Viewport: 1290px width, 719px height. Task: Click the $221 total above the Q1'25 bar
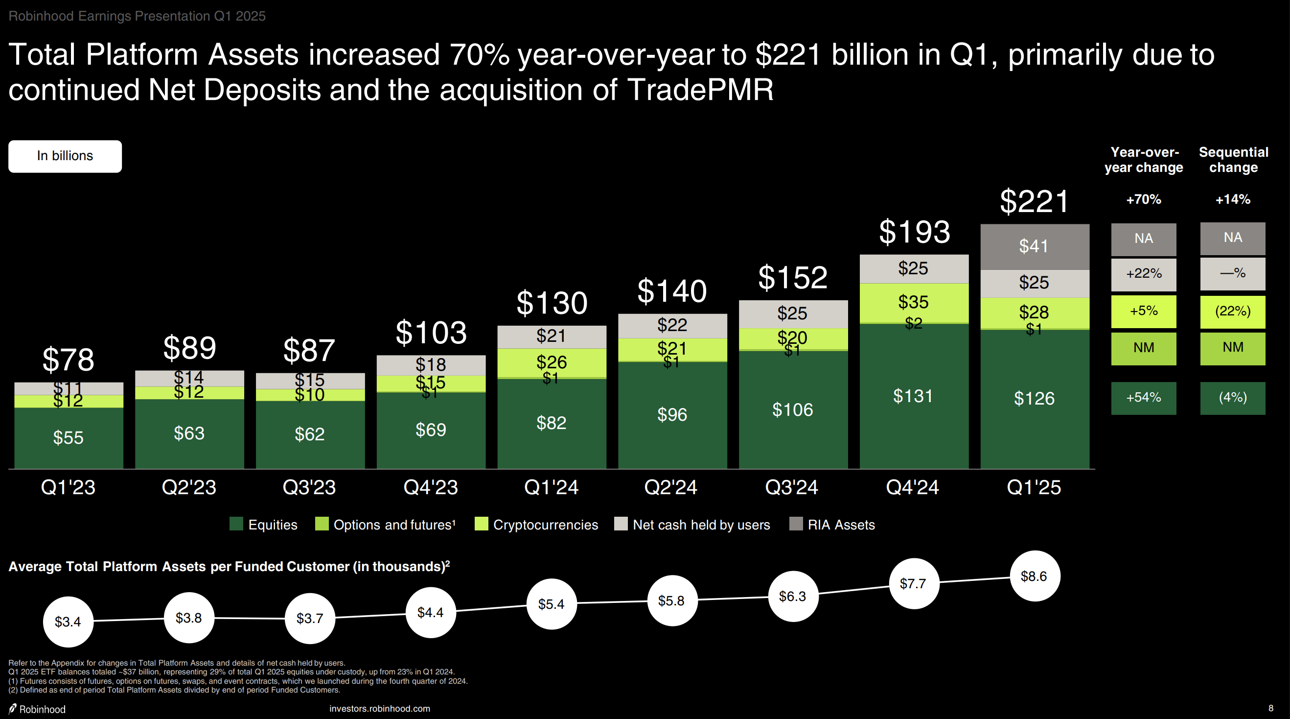point(1034,201)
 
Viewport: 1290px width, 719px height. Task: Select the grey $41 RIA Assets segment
point(1034,246)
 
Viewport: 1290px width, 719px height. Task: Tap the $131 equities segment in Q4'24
point(913,396)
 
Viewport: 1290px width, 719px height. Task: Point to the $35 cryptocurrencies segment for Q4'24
point(913,302)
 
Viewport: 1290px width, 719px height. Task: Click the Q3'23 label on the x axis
point(309,487)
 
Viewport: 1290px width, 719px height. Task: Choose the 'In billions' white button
point(65,156)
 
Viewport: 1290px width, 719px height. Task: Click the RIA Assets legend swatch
point(796,524)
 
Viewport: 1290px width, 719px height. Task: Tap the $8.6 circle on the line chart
point(1034,576)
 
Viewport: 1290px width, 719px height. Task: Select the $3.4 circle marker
point(68,622)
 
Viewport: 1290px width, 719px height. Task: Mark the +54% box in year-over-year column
point(1143,398)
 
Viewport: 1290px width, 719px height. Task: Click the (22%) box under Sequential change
point(1232,311)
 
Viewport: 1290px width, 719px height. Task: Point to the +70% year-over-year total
point(1143,199)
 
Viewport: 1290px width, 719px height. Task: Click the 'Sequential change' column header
point(1233,159)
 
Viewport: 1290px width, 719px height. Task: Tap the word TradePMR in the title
point(700,90)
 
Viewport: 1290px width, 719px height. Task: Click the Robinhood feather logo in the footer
point(13,709)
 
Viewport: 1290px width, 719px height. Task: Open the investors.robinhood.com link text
point(380,709)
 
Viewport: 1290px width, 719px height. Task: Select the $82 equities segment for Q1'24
point(552,423)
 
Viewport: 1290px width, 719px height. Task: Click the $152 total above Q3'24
point(793,277)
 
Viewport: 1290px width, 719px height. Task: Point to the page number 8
point(1270,708)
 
